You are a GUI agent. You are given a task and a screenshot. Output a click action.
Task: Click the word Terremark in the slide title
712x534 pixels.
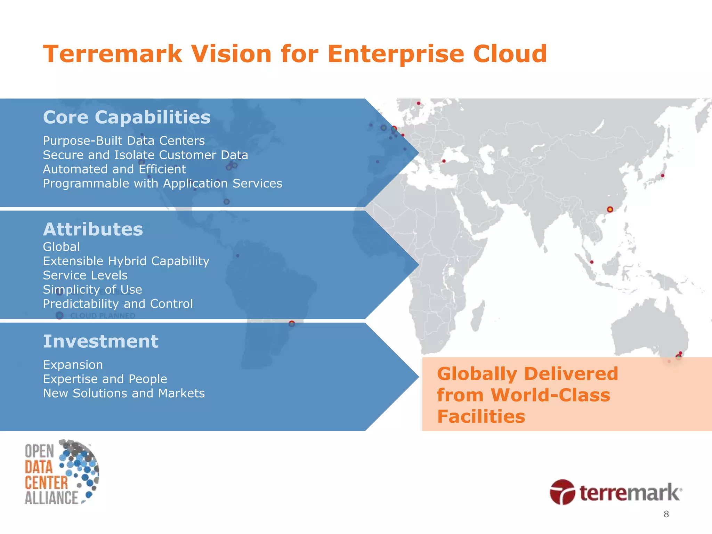113,54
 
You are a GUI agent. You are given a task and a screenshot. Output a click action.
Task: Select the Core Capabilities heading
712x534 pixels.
127,117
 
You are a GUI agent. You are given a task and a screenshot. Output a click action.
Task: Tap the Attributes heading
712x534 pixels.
93,229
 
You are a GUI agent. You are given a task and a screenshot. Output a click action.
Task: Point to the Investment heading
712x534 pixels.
100,341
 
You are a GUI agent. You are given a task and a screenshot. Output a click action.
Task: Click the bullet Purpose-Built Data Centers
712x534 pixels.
124,141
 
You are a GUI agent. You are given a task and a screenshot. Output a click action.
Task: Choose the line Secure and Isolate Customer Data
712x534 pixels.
145,155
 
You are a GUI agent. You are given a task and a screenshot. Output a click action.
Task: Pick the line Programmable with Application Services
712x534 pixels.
162,184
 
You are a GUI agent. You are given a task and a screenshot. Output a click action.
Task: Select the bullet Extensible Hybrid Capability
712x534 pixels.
126,261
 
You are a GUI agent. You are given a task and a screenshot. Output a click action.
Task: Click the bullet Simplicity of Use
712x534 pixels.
92,290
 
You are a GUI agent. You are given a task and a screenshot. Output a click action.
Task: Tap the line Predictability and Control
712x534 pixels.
118,304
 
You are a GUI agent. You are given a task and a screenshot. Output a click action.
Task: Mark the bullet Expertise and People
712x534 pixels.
105,379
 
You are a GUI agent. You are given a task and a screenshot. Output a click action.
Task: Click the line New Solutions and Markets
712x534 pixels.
124,393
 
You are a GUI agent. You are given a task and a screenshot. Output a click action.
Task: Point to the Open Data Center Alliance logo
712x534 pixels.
62,472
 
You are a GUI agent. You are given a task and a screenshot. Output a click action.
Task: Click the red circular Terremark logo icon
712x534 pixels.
562,492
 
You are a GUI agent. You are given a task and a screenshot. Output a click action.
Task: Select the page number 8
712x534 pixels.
666,514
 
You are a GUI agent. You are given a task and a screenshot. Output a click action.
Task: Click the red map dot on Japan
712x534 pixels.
662,176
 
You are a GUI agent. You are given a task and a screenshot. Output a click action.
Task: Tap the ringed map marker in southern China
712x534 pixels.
610,209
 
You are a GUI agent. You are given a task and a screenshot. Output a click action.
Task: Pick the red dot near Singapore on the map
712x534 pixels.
592,262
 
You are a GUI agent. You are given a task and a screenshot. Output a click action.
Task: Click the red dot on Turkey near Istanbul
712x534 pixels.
444,161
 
